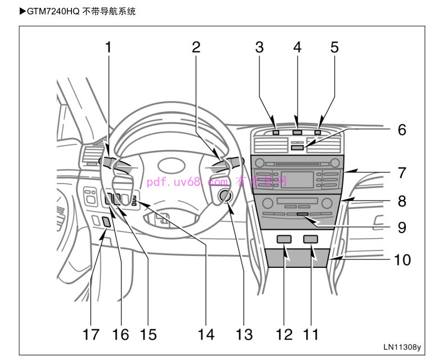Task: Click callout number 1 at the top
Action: pyautogui.click(x=108, y=47)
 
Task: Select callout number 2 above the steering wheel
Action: pyautogui.click(x=196, y=47)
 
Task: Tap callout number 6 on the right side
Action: pyautogui.click(x=402, y=130)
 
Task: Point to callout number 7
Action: pyautogui.click(x=402, y=172)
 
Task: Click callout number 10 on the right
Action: pyautogui.click(x=402, y=259)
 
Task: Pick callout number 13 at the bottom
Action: pyautogui.click(x=244, y=335)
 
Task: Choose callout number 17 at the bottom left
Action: pyautogui.click(x=91, y=335)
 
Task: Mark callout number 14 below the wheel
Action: pyautogui.click(x=206, y=335)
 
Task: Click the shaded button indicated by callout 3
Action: pyautogui.click(x=275, y=133)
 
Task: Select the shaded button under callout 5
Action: pyautogui.click(x=319, y=133)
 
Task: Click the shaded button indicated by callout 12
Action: pyautogui.click(x=284, y=240)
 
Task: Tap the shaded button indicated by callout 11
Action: pyautogui.click(x=310, y=240)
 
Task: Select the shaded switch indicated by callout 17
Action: pyautogui.click(x=106, y=221)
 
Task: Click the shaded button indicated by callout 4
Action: pyautogui.click(x=297, y=133)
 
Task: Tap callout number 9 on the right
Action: pyautogui.click(x=402, y=227)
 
